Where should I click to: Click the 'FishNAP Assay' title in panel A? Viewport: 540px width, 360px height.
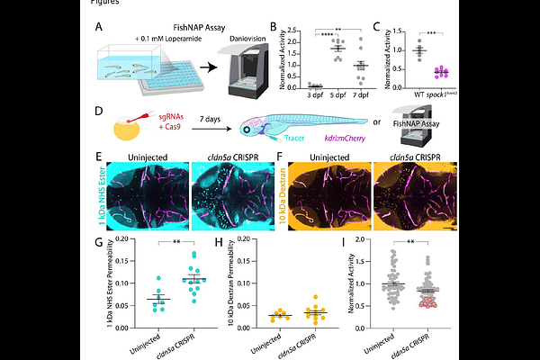[x=195, y=28]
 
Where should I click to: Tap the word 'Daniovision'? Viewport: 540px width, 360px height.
[x=241, y=53]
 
